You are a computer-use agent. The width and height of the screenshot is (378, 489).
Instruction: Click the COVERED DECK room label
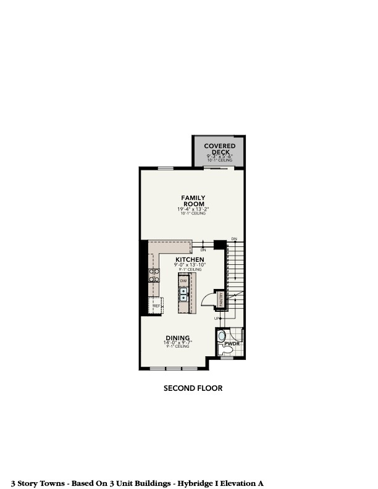219,149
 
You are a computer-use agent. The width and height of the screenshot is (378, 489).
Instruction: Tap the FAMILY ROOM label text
193,201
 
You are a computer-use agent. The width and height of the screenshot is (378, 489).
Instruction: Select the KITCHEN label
190,259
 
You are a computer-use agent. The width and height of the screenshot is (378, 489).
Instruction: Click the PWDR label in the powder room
232,343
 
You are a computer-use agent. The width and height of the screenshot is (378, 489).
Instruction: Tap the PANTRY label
219,299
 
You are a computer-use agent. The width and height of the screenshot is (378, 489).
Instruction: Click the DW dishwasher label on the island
183,282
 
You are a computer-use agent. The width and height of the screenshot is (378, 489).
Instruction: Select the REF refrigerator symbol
156,306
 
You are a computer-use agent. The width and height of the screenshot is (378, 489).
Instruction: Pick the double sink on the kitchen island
183,295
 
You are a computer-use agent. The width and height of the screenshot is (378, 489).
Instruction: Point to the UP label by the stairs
217,318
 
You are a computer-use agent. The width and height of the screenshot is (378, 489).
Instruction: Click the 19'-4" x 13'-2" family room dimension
193,209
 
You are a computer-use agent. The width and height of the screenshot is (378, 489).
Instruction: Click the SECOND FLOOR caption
193,388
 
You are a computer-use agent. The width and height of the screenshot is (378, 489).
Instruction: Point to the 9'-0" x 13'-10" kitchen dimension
190,265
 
